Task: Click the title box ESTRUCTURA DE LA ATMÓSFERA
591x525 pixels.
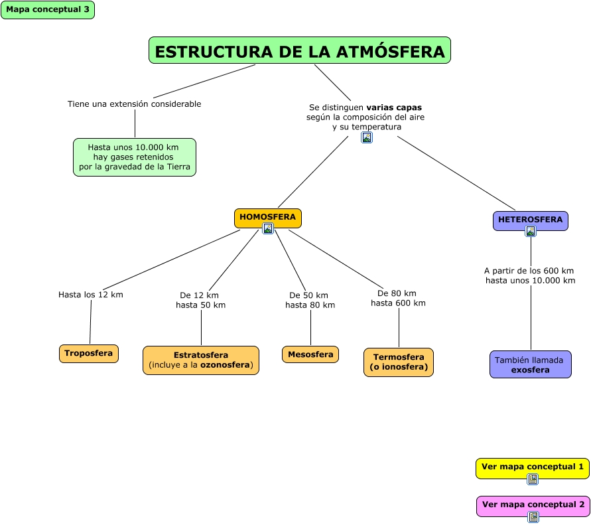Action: coord(300,51)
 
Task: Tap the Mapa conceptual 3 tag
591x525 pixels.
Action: coord(48,10)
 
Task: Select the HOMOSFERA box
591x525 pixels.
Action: coord(268,217)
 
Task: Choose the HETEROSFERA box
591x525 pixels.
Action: coord(530,220)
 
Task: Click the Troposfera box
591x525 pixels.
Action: coord(89,354)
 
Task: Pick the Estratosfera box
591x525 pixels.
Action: coord(201,360)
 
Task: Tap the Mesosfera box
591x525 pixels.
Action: coord(310,354)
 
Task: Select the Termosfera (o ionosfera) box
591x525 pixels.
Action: coord(398,362)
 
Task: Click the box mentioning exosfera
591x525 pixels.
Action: coord(530,365)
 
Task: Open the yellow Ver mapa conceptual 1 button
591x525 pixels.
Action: coord(533,467)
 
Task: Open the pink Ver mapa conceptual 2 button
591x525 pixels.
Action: coord(533,504)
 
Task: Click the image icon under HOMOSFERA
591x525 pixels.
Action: coord(268,229)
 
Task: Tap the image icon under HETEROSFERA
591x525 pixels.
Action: coord(531,232)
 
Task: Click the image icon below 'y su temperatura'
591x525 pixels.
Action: coord(367,137)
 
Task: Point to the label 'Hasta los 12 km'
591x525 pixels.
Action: coord(91,295)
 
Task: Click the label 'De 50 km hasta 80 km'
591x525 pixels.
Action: coord(310,300)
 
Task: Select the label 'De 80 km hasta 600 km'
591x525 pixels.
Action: coord(398,298)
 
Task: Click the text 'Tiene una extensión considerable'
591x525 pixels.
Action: coord(134,104)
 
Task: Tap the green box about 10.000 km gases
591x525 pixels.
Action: coord(135,157)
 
